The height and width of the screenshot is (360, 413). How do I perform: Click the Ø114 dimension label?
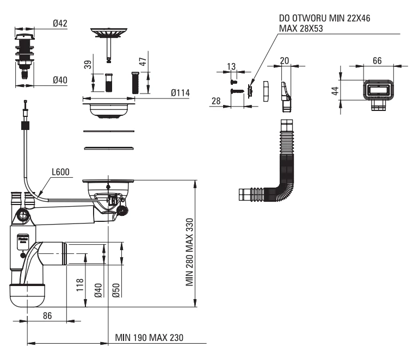pyautogui.click(x=180, y=94)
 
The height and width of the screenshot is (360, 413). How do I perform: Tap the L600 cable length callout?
pyautogui.click(x=60, y=173)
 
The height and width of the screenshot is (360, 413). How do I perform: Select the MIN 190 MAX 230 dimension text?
pyautogui.click(x=149, y=337)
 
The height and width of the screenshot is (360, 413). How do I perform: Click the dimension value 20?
pyautogui.click(x=285, y=60)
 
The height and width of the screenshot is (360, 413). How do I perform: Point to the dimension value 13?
pyautogui.click(x=231, y=66)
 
